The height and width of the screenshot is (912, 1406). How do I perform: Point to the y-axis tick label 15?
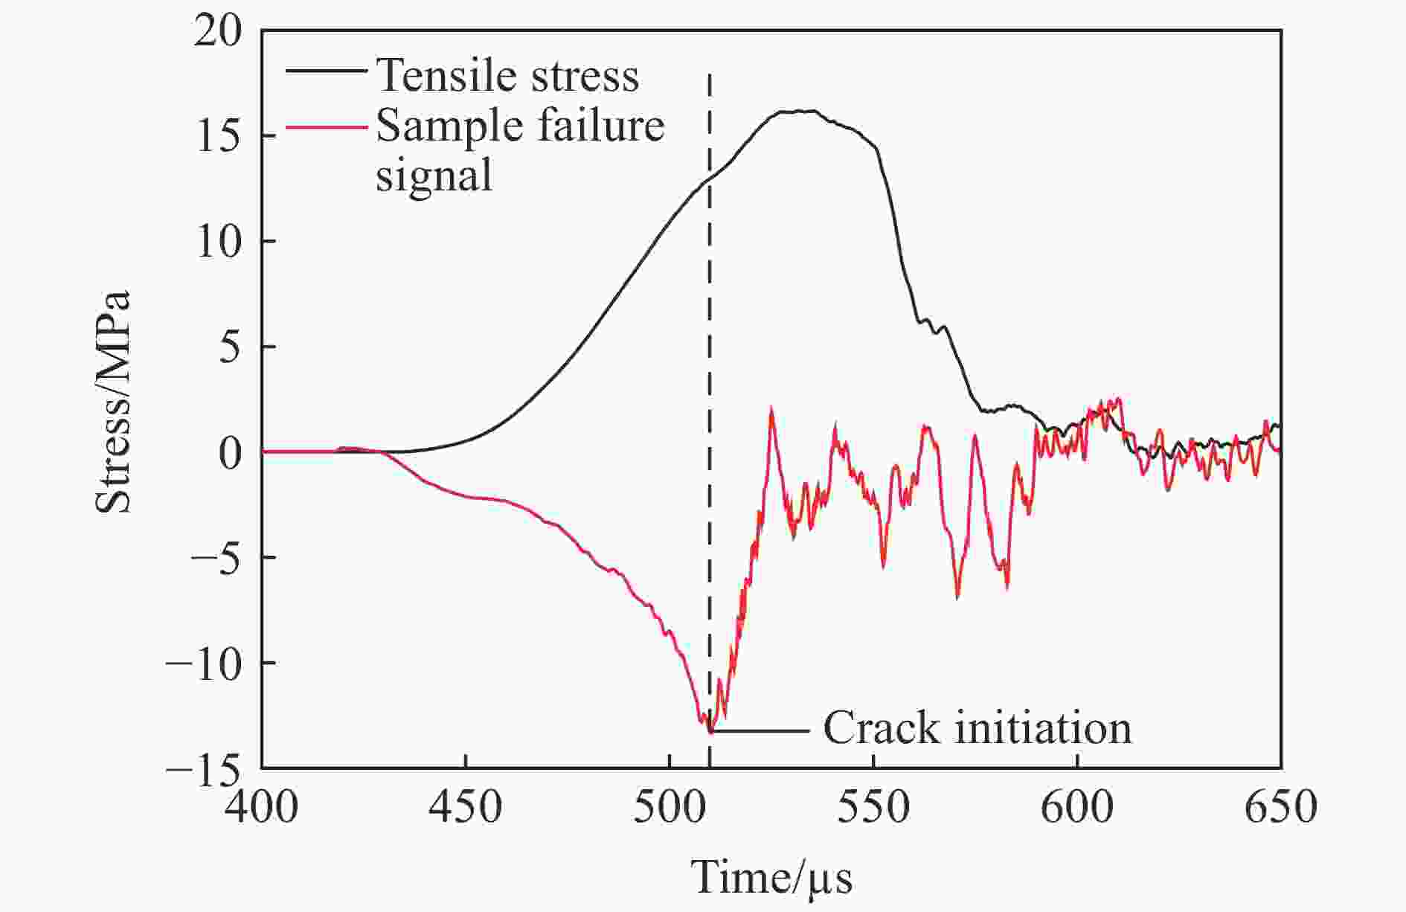pyautogui.click(x=219, y=136)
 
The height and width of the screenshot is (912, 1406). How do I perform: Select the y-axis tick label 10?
pyautogui.click(x=219, y=242)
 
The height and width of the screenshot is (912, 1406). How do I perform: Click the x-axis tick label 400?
pyautogui.click(x=262, y=807)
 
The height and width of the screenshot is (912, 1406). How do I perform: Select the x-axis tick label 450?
pyautogui.click(x=466, y=807)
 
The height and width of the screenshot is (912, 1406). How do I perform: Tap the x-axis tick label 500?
pyautogui.click(x=670, y=807)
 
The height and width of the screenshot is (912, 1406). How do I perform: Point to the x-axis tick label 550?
pyautogui.click(x=873, y=807)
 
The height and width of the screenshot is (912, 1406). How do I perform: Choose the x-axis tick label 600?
pyautogui.click(x=1077, y=807)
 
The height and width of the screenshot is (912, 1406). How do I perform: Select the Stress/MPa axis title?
pyautogui.click(x=113, y=402)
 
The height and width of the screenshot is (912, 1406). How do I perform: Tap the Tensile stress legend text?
pyautogui.click(x=507, y=75)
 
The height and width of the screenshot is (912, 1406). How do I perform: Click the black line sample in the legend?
pyautogui.click(x=327, y=71)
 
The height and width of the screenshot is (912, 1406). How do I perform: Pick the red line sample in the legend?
pyautogui.click(x=327, y=126)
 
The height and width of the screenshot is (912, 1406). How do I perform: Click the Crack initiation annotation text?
pyautogui.click(x=977, y=728)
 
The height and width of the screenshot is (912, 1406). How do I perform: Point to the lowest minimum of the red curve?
pyautogui.click(x=710, y=733)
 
